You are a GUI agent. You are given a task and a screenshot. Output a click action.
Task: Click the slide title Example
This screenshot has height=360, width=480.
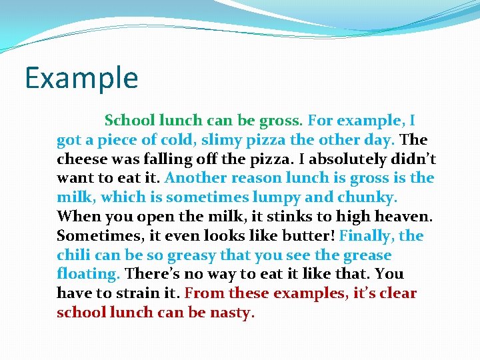[x=81, y=78]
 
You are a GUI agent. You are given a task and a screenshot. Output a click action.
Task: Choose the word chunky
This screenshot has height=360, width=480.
[x=365, y=197]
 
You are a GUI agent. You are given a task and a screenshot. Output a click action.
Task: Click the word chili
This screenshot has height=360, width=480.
[x=74, y=255]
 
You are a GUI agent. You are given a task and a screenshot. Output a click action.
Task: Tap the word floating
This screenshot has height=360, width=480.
[x=87, y=274]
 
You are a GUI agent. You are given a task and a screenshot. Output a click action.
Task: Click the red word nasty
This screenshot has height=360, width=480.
[x=232, y=313]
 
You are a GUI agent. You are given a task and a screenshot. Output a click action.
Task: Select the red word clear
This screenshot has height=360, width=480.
[x=395, y=293]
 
